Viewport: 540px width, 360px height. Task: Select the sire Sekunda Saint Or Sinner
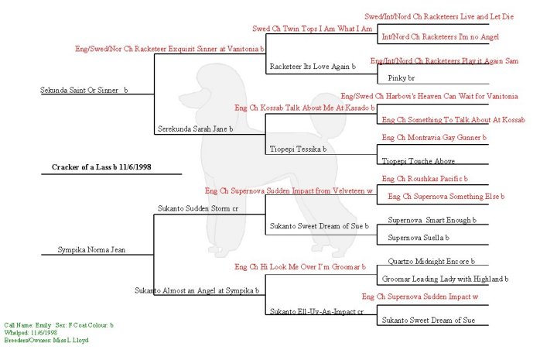84,91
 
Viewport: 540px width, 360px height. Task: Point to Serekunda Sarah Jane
195,129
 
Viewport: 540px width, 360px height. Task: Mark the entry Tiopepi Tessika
298,148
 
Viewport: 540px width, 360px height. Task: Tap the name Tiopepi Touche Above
418,160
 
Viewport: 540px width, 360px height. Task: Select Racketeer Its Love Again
312,67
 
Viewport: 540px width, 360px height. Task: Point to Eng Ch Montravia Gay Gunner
434,137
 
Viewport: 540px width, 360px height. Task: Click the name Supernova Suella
419,237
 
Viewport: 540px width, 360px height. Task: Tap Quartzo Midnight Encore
429,262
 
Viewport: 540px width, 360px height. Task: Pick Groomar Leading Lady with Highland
445,279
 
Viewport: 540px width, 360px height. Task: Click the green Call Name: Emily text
27,326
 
